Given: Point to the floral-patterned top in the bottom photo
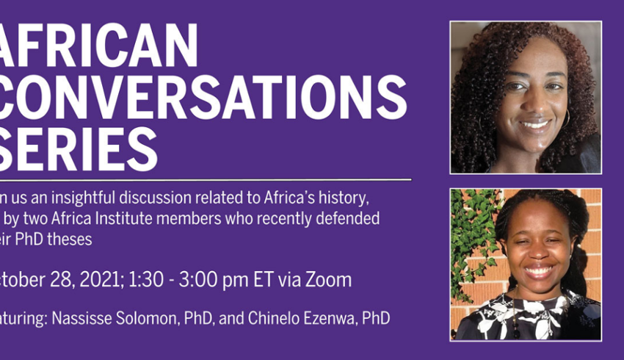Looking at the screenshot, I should tap(525, 320).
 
